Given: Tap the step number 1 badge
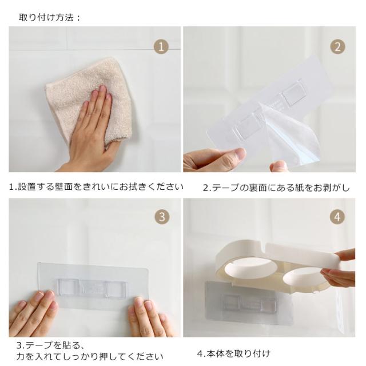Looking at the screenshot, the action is point(161,47).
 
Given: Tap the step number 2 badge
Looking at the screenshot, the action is point(337,47).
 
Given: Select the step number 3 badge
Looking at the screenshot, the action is point(162,217).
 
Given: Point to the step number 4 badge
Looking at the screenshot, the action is point(337,217).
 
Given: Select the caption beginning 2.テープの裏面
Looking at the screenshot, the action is point(276,188).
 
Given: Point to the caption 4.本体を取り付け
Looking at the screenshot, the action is point(234,353).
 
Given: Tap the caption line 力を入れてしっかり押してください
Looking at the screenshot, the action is point(90,356).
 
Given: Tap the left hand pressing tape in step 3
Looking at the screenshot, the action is point(33,313).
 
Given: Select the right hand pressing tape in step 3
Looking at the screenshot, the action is point(149,317).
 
